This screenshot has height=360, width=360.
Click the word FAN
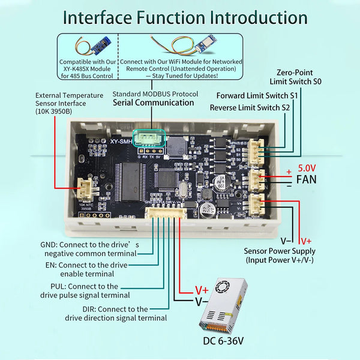point(307,179)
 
